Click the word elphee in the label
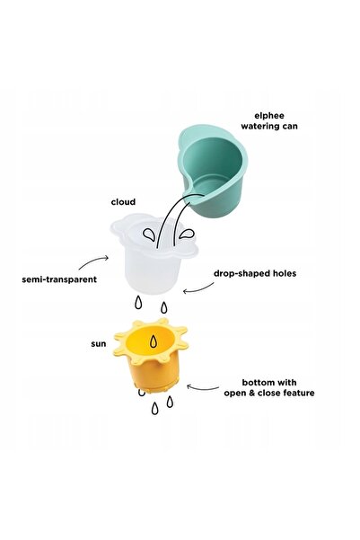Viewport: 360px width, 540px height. (269, 116)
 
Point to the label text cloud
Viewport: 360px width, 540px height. (123, 202)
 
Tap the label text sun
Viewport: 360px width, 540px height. (99, 344)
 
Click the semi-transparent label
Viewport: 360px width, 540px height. (59, 279)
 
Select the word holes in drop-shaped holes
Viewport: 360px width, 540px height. (285, 273)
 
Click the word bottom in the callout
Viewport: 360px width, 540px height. (255, 382)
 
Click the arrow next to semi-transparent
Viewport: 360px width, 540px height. (93, 261)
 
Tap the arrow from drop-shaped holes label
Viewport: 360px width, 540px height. (198, 288)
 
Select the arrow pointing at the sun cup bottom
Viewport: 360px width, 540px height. (202, 388)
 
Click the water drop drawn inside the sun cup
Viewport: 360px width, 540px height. (154, 341)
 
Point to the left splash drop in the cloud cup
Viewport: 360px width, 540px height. (149, 235)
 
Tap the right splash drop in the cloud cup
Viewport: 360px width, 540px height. (187, 235)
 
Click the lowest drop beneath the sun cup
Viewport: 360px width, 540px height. (155, 409)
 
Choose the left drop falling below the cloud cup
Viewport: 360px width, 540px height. (138, 303)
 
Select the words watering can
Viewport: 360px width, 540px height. (269, 127)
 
